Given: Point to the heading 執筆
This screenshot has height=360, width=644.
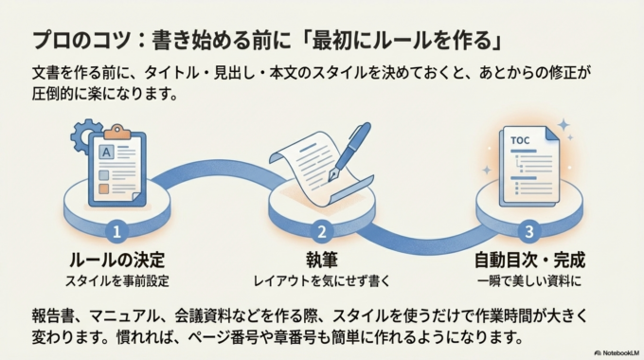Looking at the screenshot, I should point(321,260).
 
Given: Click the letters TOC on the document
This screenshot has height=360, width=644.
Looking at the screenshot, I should point(520,141).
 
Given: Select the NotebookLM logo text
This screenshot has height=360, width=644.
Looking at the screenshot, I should point(616,351).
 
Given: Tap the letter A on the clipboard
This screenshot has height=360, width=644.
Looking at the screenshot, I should point(107,150).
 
